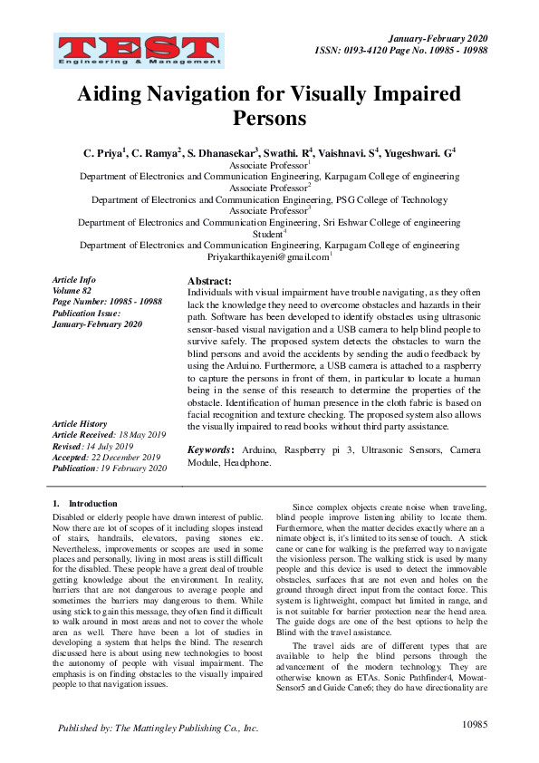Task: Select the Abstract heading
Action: click(x=209, y=282)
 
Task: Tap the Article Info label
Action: click(x=73, y=280)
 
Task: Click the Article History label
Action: click(x=80, y=424)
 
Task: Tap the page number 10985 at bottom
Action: click(x=475, y=725)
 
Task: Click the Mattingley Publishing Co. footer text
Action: click(x=158, y=727)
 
